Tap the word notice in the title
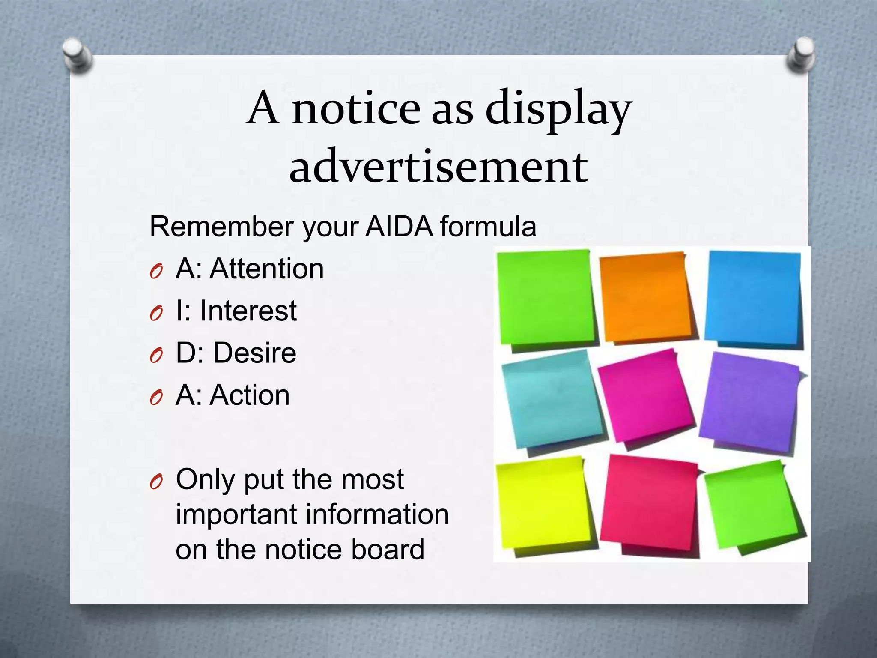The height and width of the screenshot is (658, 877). click(356, 109)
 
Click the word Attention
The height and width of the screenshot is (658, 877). click(266, 269)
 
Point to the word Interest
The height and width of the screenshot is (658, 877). click(248, 311)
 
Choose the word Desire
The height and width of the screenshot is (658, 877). click(254, 353)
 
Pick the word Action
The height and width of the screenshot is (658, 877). click(250, 395)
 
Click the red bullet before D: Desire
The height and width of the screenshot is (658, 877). click(156, 356)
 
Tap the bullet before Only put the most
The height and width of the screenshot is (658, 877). click(156, 482)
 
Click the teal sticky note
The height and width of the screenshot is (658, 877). click(552, 398)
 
